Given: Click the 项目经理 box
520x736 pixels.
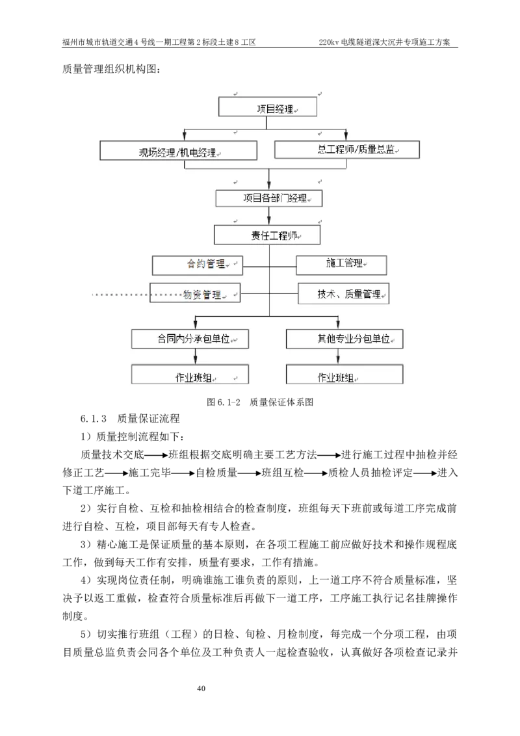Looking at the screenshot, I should [268, 107].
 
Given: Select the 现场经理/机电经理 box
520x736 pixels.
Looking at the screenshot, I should [178, 150].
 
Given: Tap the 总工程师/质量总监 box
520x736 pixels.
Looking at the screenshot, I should [347, 150].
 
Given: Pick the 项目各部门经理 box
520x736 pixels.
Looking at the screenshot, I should [268, 198].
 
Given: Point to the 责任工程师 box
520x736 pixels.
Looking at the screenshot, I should [267, 235].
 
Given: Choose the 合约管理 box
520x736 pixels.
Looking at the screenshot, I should [196, 265].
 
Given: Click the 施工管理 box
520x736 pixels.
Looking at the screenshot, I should [341, 265].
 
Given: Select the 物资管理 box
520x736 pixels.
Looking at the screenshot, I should [195, 293].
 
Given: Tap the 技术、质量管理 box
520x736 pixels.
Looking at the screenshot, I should [343, 294].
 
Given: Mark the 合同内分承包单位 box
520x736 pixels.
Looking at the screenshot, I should [190, 339].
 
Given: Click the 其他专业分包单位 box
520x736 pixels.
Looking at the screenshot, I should [344, 339].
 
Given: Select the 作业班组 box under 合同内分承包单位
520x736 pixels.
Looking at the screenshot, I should [190, 375].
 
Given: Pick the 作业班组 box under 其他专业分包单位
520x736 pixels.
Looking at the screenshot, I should [344, 375].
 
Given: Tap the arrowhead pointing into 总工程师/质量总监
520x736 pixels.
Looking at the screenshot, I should [346, 136].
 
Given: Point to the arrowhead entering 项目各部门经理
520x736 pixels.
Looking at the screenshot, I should [268, 185].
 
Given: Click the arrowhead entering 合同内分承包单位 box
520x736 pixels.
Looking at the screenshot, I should [196, 324].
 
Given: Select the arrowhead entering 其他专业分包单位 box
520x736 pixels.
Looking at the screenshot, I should [337, 324].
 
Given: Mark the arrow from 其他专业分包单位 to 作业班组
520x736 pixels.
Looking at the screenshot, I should [338, 356].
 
